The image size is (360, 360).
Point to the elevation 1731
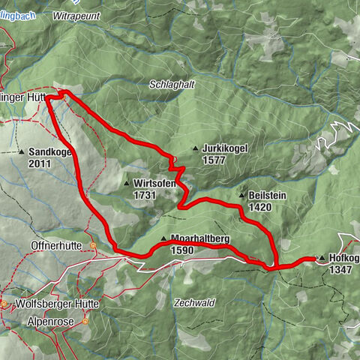click(145, 194)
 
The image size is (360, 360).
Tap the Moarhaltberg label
click(199, 238)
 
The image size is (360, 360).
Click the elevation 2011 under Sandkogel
click(40, 163)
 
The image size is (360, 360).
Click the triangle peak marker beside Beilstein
click(241, 196)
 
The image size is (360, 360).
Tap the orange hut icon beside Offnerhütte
click(92, 245)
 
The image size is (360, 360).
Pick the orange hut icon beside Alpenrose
click(85, 320)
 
